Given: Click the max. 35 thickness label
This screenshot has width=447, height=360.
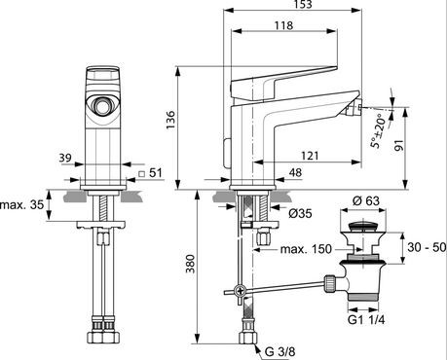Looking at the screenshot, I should coord(22,205).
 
